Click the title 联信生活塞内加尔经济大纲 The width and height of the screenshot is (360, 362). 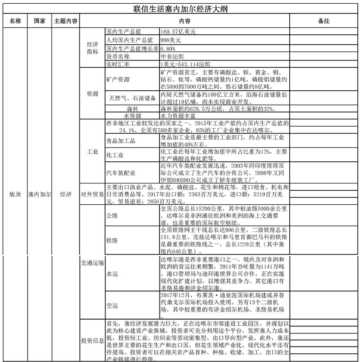[x=180, y=9]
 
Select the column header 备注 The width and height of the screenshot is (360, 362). [x=324, y=21]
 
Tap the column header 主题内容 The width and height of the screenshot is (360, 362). [x=66, y=21]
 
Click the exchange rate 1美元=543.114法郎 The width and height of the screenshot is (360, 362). [x=186, y=65]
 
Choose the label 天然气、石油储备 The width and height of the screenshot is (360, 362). [x=132, y=98]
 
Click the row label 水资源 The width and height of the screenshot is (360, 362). [x=132, y=116]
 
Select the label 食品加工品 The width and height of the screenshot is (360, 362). [x=121, y=141]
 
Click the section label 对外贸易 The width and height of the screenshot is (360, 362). [x=92, y=194]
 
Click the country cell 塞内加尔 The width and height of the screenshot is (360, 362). [x=39, y=194]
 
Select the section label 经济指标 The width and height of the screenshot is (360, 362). [x=92, y=48]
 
